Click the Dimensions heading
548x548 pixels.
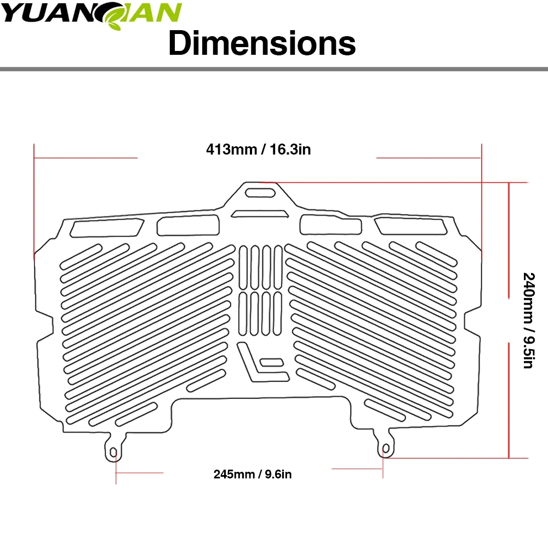click(x=262, y=43)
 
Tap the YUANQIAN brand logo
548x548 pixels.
click(x=91, y=14)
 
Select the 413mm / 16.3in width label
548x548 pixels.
click(x=258, y=149)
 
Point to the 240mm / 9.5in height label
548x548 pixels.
click(x=529, y=320)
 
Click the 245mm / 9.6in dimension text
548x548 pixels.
click(x=252, y=474)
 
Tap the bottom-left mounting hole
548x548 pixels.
click(x=113, y=453)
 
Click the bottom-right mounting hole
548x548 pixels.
click(x=386, y=449)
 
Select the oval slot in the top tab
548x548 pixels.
click(x=260, y=192)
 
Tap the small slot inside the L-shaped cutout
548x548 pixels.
click(x=272, y=362)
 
